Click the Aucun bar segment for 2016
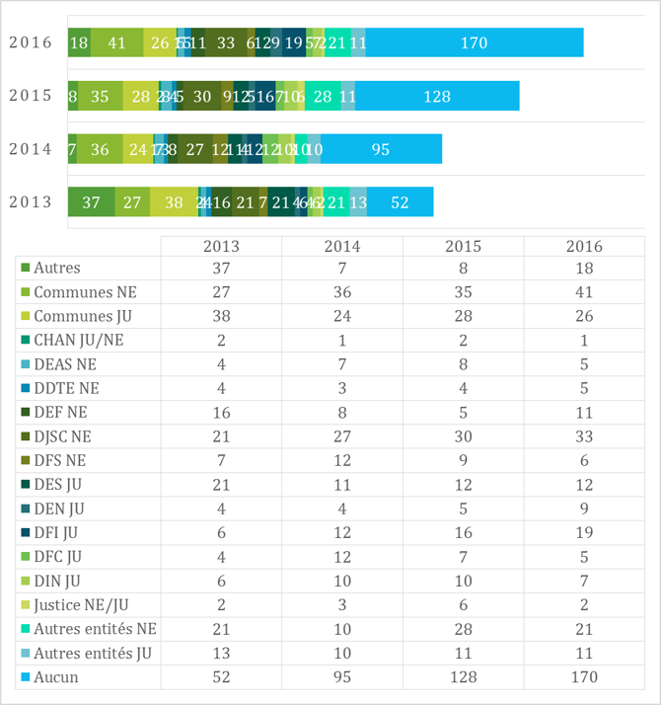tap(475, 42)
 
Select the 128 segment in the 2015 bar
tap(437, 96)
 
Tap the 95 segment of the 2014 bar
tap(381, 149)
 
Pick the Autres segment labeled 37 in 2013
tap(91, 202)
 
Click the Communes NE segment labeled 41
tap(116, 42)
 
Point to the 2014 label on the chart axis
tap(30, 149)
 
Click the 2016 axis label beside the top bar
tap(30, 42)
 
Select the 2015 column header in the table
tap(463, 247)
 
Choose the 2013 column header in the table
tap(221, 247)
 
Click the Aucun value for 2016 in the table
tap(584, 676)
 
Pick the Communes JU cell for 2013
tap(221, 316)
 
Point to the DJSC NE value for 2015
tap(463, 434)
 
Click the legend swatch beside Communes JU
tap(25, 316)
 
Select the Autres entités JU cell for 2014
tap(342, 653)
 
